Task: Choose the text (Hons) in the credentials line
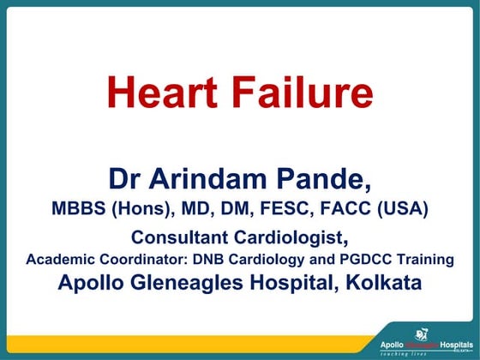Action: [x=141, y=207]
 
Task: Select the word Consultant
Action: [x=179, y=236]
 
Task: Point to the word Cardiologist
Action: [x=291, y=237]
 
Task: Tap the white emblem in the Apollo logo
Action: [x=421, y=333]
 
